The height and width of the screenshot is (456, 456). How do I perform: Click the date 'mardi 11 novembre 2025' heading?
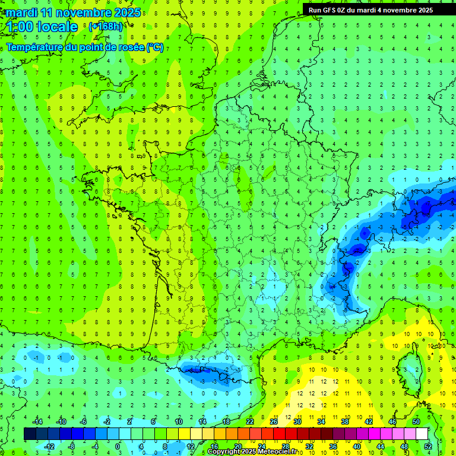74,12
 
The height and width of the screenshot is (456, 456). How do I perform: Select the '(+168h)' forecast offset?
106,26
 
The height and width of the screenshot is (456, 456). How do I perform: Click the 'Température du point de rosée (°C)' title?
85,47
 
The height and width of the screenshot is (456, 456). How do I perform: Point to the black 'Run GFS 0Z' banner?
370,9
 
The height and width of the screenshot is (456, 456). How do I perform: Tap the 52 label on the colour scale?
427,446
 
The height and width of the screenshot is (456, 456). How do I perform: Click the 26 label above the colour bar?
274,421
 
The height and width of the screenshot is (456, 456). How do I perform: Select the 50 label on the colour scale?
416,421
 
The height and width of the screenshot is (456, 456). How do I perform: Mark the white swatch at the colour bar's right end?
422,433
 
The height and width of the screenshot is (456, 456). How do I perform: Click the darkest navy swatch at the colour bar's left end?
30,433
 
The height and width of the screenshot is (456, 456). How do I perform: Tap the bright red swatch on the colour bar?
280,433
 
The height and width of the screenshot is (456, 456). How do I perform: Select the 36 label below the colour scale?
332,446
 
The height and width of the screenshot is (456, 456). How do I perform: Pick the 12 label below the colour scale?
190,446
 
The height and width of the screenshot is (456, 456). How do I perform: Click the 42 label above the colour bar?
369,421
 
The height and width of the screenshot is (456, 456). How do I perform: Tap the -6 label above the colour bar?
84,421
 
